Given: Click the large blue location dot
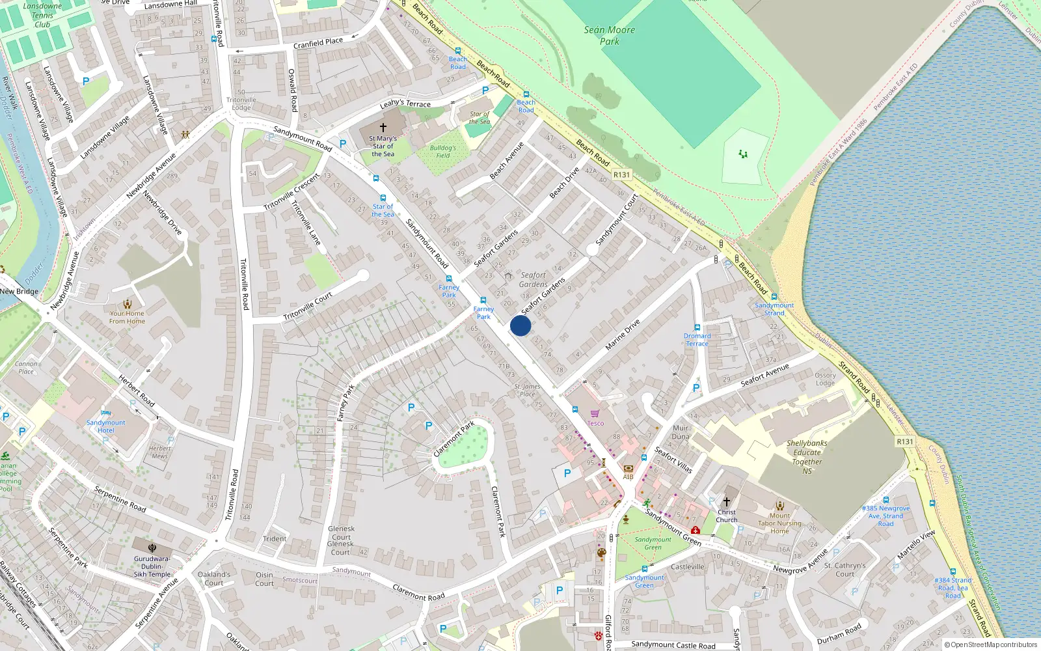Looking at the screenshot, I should [520, 325].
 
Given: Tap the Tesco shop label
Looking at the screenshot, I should [595, 423].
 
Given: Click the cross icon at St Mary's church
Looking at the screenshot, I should [383, 128].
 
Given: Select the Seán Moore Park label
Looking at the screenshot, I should [609, 35].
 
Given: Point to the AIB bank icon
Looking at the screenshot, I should [628, 468].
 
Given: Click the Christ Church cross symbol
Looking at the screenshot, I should [727, 502].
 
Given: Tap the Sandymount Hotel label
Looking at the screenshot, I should [105, 426].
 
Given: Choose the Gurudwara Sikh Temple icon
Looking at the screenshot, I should [152, 548].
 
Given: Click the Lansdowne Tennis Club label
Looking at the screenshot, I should [42, 15].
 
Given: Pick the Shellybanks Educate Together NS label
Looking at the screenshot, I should [807, 456].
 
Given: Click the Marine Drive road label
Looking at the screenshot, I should [623, 335].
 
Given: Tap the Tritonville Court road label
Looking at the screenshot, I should [308, 306].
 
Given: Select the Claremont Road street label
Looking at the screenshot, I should [418, 592].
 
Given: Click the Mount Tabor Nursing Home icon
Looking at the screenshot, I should [779, 505].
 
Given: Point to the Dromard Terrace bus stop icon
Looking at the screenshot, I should [697, 327].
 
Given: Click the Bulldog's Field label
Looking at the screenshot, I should [442, 152].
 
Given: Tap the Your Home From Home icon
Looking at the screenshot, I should [127, 303].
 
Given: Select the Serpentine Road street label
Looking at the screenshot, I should [120, 498].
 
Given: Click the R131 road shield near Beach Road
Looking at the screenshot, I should [621, 174].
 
